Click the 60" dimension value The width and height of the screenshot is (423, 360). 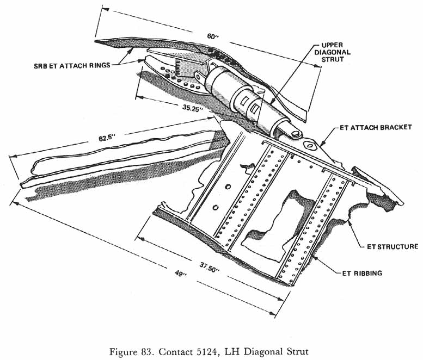pos(211,36)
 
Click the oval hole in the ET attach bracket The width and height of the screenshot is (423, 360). pos(309,145)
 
